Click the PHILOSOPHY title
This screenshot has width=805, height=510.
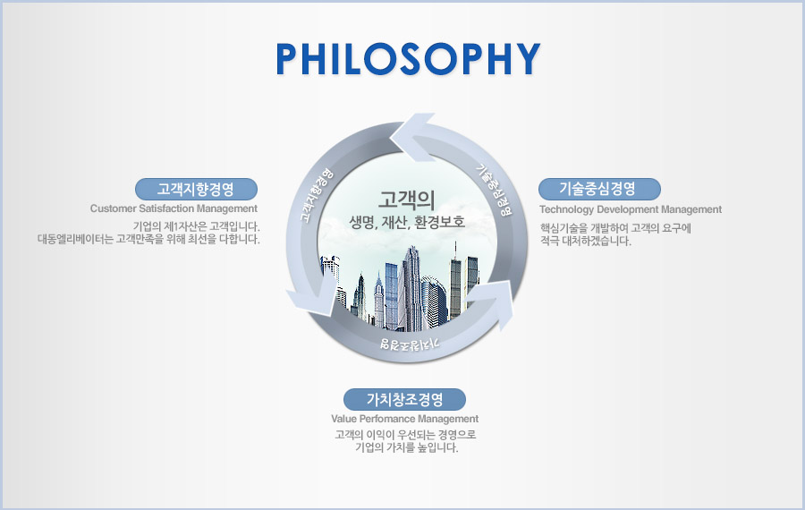click(x=408, y=58)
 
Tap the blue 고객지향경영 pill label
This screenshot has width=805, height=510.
click(x=196, y=189)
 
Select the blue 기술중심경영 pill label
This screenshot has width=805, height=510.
click(x=599, y=189)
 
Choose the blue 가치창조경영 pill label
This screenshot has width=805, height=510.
click(x=404, y=399)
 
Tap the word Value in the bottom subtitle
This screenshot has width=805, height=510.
click(x=342, y=419)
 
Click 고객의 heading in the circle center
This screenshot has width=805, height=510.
click(x=407, y=200)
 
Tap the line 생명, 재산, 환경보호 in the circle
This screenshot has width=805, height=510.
click(x=407, y=222)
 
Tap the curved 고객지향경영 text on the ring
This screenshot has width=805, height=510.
click(x=316, y=196)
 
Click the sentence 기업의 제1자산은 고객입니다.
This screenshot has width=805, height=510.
click(x=196, y=226)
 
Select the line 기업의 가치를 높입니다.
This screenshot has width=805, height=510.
click(x=406, y=447)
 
